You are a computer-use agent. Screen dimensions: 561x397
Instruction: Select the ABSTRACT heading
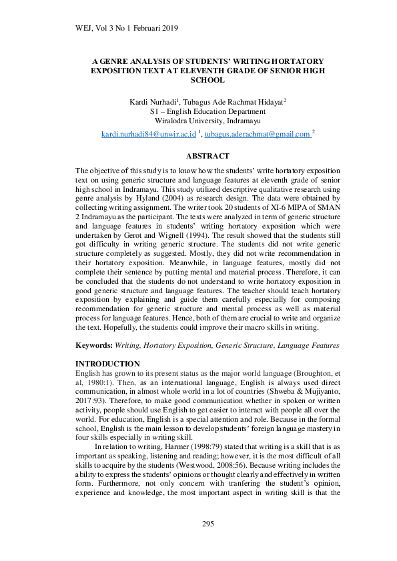[208, 156]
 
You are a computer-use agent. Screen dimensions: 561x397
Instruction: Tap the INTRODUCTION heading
[107, 363]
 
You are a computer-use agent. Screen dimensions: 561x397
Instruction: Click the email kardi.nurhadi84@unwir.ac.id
[149, 135]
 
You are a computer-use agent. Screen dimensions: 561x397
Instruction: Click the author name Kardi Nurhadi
[153, 101]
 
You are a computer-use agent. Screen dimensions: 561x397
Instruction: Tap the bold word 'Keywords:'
[93, 346]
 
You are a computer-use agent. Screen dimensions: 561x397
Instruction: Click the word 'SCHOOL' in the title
[208, 79]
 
